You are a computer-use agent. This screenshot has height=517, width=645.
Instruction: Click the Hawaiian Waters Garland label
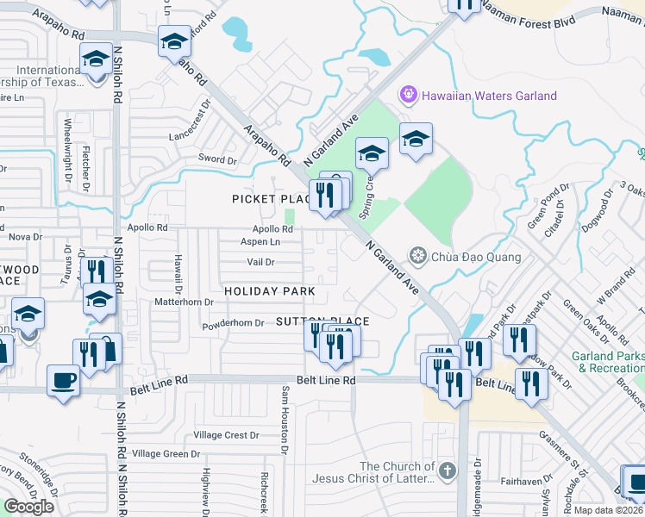tap(489, 96)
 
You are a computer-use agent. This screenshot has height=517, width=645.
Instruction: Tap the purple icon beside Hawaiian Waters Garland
tap(407, 95)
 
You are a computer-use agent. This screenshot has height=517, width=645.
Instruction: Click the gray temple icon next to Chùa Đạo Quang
tap(419, 256)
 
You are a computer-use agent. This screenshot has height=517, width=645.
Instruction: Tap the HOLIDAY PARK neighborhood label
tap(270, 292)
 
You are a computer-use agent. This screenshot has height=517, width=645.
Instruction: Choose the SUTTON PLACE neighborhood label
tap(322, 321)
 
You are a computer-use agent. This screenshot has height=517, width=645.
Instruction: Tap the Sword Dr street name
tap(217, 159)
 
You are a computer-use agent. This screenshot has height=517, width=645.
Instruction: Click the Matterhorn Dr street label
tap(184, 302)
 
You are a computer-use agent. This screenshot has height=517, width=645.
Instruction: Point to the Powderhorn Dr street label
tap(233, 323)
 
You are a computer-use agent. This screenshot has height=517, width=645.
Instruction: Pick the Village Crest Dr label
tap(226, 435)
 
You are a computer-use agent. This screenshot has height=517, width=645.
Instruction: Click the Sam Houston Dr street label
tap(282, 417)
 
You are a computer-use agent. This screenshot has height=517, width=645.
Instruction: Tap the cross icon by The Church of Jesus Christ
tap(446, 470)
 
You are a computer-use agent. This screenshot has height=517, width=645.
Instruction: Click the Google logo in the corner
tap(29, 506)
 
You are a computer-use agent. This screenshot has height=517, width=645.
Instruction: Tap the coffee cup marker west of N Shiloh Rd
tap(64, 380)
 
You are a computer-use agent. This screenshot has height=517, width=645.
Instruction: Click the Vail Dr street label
tap(260, 262)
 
